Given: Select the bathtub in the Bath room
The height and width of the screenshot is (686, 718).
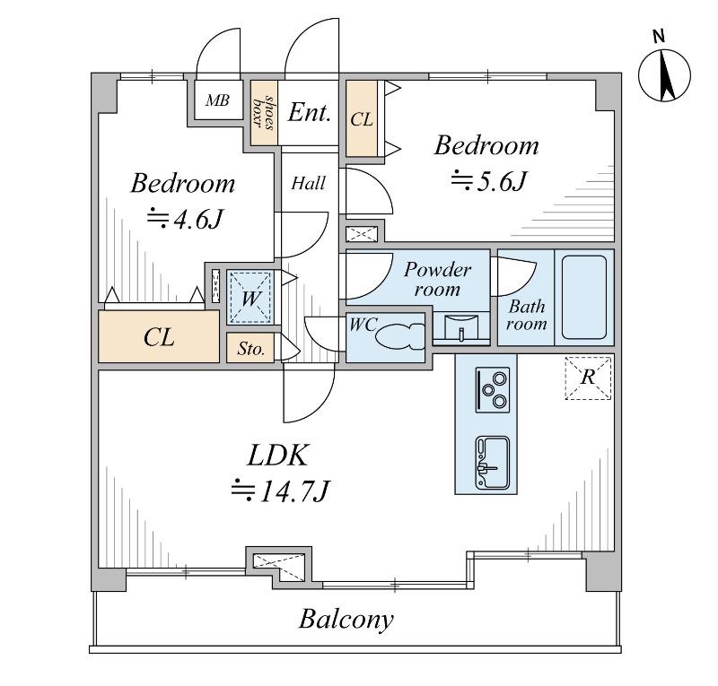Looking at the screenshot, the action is pos(584,297).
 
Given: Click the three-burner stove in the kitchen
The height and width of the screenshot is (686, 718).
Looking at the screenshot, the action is pos(493,390).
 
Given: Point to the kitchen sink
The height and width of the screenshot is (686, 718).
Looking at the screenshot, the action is pos(492,462).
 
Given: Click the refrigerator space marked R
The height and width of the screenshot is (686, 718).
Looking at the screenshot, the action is pos(588,378).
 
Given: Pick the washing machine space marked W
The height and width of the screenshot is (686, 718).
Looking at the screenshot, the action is pos(250,297).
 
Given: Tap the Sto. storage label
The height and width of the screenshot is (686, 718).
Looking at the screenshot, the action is pos(251,349).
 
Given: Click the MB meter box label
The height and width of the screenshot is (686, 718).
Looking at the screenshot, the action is pos(217,100).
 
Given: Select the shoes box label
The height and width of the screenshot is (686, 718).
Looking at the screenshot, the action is pos(265,113).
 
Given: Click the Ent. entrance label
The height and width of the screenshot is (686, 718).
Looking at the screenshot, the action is pos(309,113).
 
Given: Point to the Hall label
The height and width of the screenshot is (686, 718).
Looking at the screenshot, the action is pos(309,184).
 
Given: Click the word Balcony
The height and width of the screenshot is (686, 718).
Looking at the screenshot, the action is pos(346,621).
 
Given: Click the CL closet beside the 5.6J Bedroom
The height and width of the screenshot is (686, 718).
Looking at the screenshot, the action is pos(362,119).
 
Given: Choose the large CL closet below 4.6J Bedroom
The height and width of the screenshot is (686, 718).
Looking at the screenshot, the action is pos(159,336).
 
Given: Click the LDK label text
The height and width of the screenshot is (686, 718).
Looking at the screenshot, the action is pos(277,456).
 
